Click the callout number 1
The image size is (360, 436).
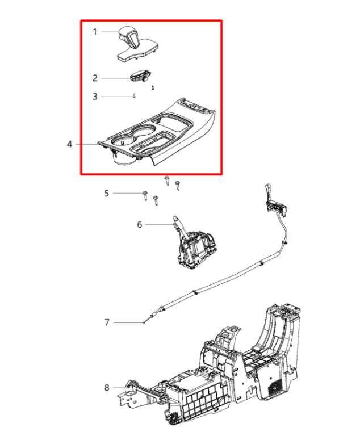click(x=95, y=32)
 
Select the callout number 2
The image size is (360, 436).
click(x=95, y=78)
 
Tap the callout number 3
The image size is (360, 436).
click(x=95, y=97)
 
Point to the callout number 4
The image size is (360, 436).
click(x=69, y=144)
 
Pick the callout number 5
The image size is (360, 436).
click(x=106, y=194)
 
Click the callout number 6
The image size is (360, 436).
click(x=140, y=225)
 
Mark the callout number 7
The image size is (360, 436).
click(x=106, y=322)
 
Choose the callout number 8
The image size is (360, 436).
click(x=106, y=388)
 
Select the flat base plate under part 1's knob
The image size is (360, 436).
click(x=139, y=53)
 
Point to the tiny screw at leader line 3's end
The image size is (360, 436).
click(x=134, y=97)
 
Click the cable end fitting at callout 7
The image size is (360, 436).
click(x=145, y=322)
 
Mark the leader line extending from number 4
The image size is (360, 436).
click(x=91, y=144)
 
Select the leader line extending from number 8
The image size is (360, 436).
click(x=116, y=388)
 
